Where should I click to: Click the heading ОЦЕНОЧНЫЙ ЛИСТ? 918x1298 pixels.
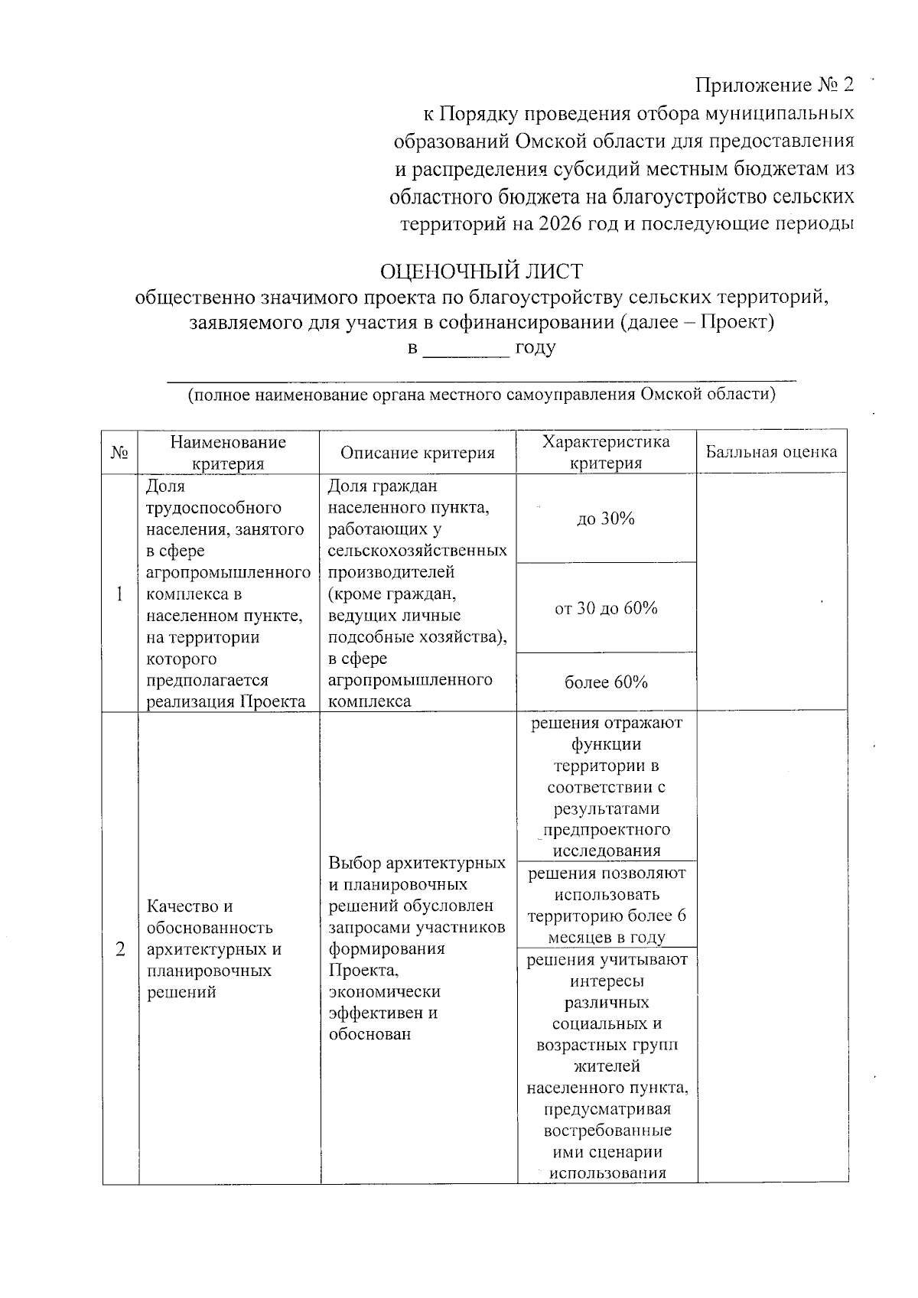(x=481, y=272)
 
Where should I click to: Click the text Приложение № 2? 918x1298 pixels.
(x=773, y=84)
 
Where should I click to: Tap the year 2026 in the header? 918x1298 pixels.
(x=561, y=223)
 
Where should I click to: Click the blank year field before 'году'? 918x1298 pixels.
(x=466, y=349)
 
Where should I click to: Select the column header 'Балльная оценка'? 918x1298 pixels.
(x=771, y=451)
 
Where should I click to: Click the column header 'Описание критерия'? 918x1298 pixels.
(x=418, y=453)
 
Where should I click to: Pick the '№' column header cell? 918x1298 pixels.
(x=120, y=453)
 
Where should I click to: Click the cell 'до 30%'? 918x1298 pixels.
(x=605, y=519)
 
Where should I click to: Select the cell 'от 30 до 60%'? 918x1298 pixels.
(x=605, y=608)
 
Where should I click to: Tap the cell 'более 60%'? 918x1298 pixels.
(x=605, y=682)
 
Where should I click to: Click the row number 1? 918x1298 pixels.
(x=119, y=594)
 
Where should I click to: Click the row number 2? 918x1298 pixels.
(x=119, y=949)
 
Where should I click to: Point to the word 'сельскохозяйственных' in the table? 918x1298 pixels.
(x=417, y=551)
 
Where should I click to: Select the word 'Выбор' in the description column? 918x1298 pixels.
(x=354, y=864)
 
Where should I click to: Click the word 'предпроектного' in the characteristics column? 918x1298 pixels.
(x=606, y=830)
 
